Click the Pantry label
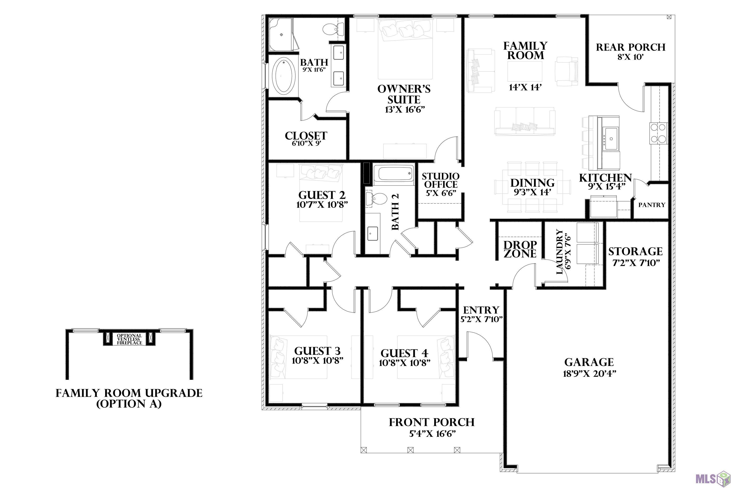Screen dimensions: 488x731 (652, 205)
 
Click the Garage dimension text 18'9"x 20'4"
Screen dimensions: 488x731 (589, 373)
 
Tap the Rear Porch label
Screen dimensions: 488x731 (631, 47)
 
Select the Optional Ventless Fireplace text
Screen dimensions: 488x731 (129, 339)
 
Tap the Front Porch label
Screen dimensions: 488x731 (432, 422)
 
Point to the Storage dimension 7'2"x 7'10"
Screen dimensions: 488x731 (636, 263)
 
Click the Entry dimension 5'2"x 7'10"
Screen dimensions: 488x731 (481, 319)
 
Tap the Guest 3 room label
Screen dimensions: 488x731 (317, 351)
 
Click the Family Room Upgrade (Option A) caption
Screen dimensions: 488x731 (129, 398)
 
